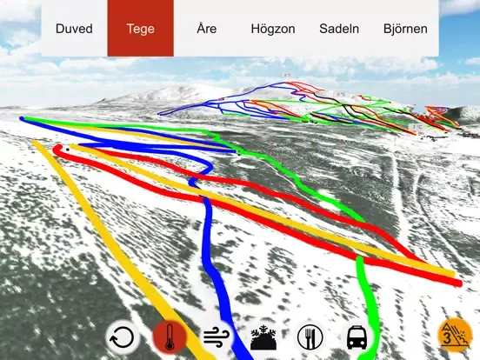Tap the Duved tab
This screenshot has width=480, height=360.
click(74, 29)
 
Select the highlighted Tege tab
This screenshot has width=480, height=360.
click(140, 29)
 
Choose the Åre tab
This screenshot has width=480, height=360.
click(206, 29)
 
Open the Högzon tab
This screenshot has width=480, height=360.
click(273, 29)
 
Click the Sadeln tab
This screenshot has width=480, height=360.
click(340, 29)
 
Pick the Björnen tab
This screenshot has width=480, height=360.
click(405, 29)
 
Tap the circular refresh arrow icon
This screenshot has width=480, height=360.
click(123, 337)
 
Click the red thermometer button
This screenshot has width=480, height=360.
click(169, 337)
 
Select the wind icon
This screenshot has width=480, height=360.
click(215, 337)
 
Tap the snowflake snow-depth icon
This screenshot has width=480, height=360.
click(262, 337)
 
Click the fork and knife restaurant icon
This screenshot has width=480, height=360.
click(310, 337)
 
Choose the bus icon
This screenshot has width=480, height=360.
click(357, 337)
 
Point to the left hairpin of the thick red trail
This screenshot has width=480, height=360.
click(57, 150)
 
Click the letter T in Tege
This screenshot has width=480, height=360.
click(130, 29)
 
